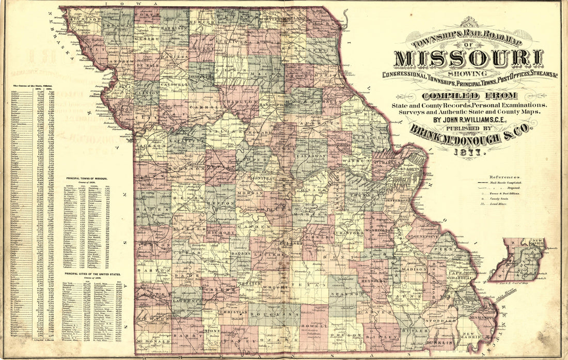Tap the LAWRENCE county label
pyautogui.click(x=187, y=300)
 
